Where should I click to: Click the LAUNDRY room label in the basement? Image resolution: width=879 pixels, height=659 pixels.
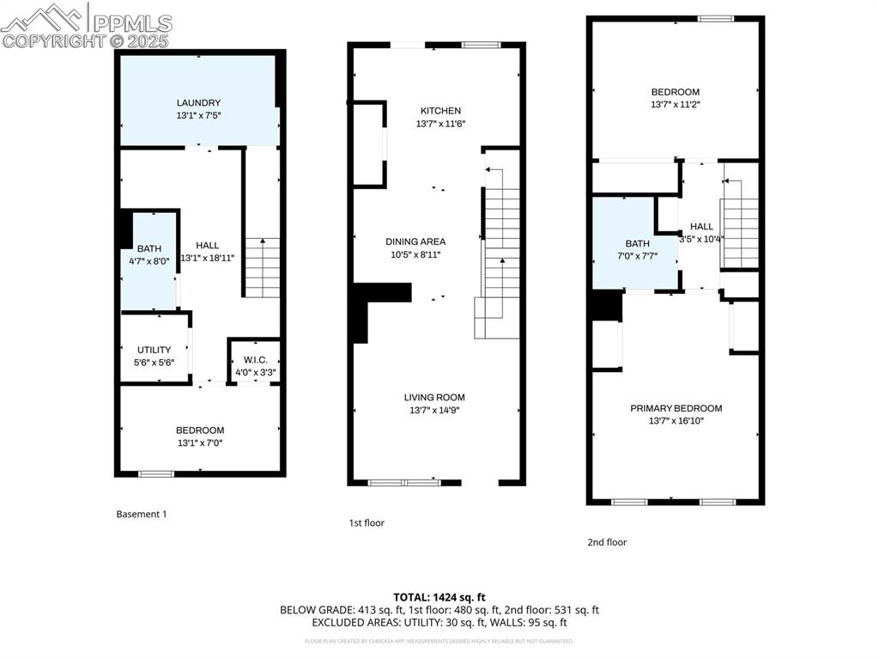click(199, 103)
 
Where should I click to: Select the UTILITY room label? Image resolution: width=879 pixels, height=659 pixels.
click(155, 350)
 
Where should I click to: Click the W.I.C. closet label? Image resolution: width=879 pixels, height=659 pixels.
click(256, 360)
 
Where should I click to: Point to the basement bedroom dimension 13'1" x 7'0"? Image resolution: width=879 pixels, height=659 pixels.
click(200, 443)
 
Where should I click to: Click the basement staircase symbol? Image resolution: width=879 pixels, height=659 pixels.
click(263, 267)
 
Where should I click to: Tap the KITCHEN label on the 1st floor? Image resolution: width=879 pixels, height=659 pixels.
click(440, 111)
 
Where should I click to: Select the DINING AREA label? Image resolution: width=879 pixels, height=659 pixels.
click(415, 241)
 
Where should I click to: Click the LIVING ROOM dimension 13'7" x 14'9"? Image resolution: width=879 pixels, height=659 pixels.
click(434, 410)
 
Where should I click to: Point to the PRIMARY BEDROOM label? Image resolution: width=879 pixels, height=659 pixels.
click(676, 408)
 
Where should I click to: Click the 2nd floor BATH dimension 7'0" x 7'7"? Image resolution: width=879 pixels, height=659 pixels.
click(637, 255)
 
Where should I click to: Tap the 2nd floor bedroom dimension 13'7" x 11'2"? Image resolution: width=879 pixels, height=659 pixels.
click(675, 105)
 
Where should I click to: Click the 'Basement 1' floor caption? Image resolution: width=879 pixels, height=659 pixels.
click(142, 514)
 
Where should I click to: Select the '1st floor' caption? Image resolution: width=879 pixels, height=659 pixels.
click(367, 522)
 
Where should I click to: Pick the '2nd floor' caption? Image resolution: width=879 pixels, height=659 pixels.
click(607, 542)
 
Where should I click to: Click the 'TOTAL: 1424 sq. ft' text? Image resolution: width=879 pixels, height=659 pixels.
click(439, 596)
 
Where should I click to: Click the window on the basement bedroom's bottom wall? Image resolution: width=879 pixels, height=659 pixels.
click(155, 473)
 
